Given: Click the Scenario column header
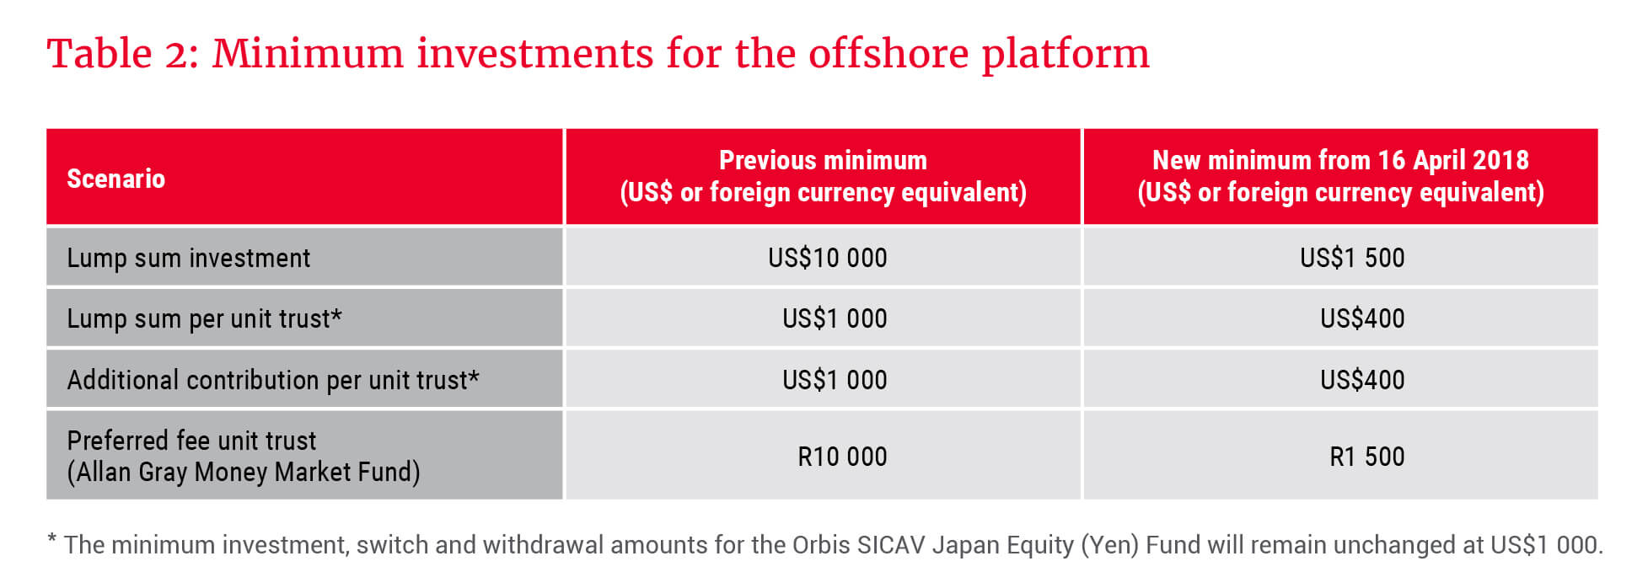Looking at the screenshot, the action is pyautogui.click(x=115, y=179).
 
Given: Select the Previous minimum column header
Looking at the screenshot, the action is pyautogui.click(x=823, y=176).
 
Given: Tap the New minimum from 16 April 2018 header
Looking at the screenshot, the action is pyautogui.click(x=1340, y=176).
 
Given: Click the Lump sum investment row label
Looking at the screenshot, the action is pyautogui.click(x=189, y=258).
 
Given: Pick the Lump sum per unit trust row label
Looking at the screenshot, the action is pyautogui.click(x=204, y=318).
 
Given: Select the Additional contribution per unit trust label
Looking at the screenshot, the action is pyautogui.click(x=273, y=380).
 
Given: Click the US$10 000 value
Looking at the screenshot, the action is pyautogui.click(x=827, y=258).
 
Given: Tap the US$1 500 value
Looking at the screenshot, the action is pyautogui.click(x=1352, y=258).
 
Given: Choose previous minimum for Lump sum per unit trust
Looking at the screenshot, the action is pyautogui.click(x=835, y=318).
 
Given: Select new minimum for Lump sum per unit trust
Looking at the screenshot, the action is pyautogui.click(x=1362, y=318).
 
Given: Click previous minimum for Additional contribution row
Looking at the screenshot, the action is pyautogui.click(x=835, y=380).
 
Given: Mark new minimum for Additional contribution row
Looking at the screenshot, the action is pyautogui.click(x=1362, y=380).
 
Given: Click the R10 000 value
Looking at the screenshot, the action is pyautogui.click(x=842, y=457).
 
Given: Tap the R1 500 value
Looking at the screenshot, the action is pyautogui.click(x=1367, y=457).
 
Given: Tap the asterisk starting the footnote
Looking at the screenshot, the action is pyautogui.click(x=52, y=538).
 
